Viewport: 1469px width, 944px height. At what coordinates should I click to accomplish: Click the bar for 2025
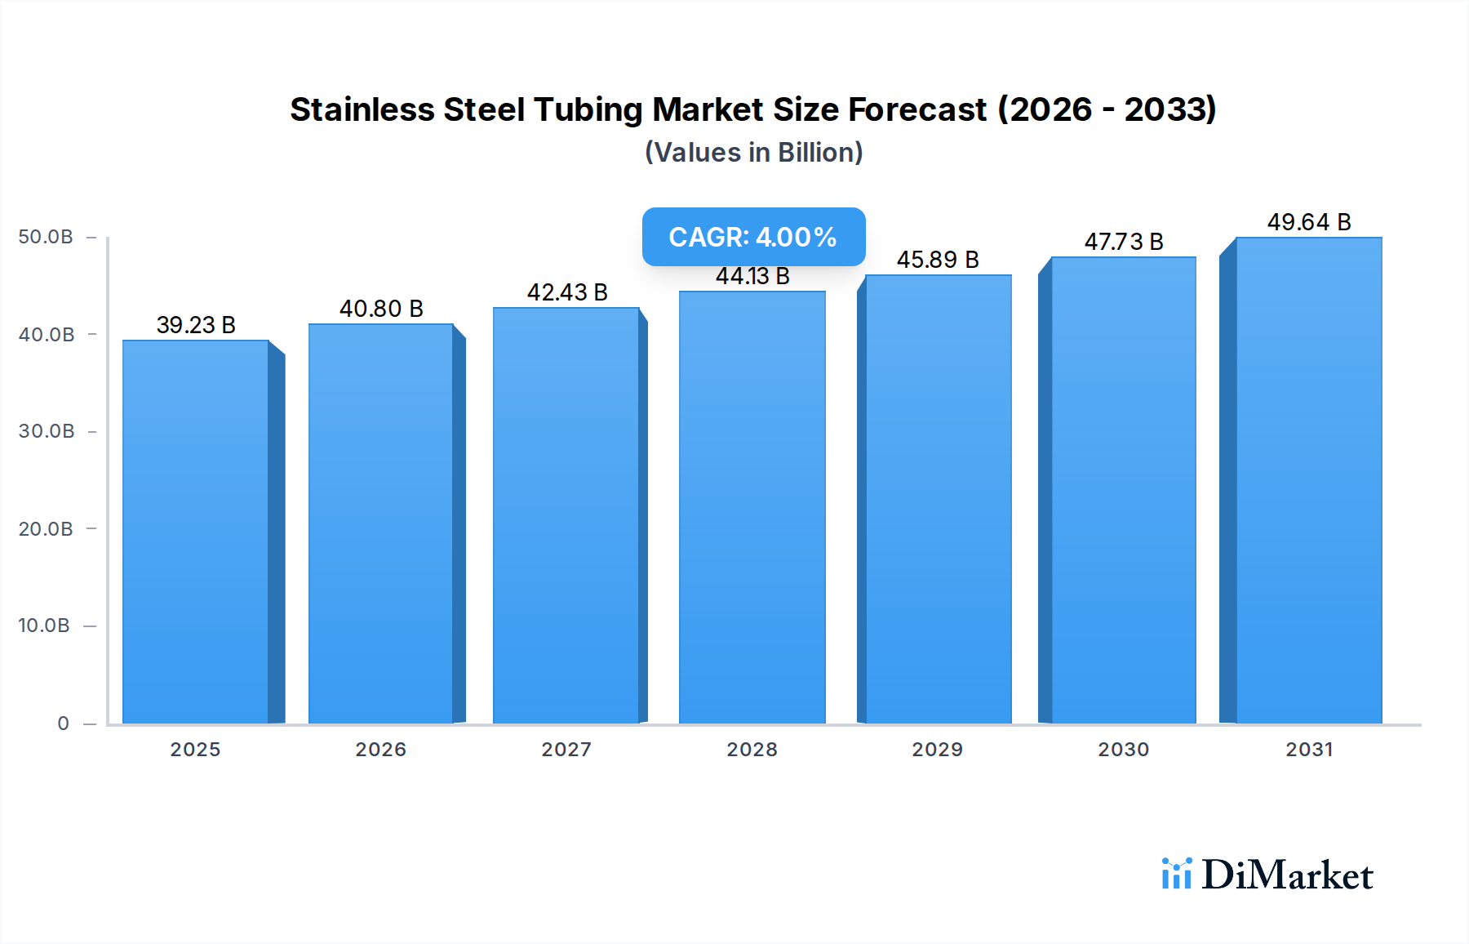[x=196, y=531]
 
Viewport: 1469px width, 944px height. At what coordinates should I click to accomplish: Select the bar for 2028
[x=752, y=506]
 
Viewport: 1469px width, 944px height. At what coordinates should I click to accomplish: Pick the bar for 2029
[x=938, y=498]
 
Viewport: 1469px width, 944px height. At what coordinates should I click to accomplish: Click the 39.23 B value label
[x=196, y=325]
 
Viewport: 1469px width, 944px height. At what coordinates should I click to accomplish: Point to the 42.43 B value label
[x=567, y=292]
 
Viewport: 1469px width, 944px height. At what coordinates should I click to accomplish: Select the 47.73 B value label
[x=1124, y=242]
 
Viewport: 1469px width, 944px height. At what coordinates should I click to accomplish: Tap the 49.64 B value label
[x=1309, y=222]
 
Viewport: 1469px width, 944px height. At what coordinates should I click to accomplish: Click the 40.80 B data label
[x=381, y=309]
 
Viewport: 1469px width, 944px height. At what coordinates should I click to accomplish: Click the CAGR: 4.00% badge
[x=753, y=237]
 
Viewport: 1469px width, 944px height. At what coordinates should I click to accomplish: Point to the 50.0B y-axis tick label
[x=46, y=237]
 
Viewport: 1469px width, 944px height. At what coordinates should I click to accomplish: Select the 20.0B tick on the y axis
[x=46, y=529]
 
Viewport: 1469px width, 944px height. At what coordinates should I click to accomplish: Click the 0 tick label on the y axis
[x=63, y=724]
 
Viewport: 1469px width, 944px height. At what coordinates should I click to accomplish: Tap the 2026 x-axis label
[x=380, y=750]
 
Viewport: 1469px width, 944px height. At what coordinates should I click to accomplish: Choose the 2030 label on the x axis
[x=1123, y=750]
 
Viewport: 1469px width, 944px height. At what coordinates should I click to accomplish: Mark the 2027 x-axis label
[x=566, y=750]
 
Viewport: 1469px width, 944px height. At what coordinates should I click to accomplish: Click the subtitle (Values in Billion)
[x=753, y=153]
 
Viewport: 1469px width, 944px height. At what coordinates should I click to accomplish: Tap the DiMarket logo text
[x=1287, y=875]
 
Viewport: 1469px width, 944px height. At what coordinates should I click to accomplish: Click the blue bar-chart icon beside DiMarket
[x=1176, y=874]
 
